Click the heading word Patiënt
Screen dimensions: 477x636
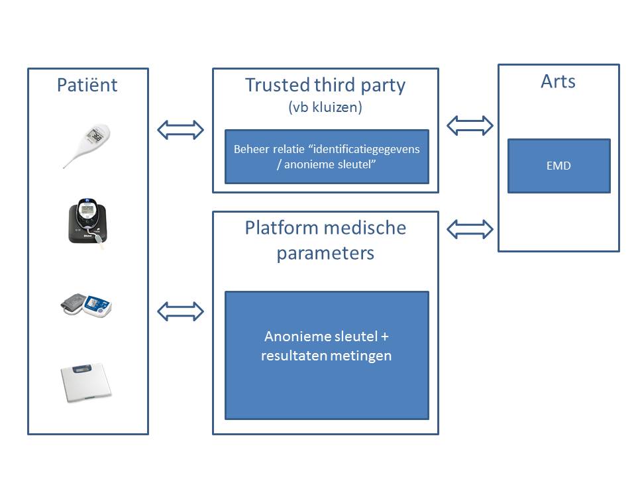click(x=87, y=85)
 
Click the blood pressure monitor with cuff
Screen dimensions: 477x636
click(x=86, y=307)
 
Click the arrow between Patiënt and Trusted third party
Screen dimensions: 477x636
click(x=180, y=130)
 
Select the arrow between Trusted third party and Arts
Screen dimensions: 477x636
click(x=470, y=125)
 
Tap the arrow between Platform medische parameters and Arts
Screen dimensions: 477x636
click(x=470, y=229)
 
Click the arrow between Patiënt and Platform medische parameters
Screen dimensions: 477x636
click(x=180, y=311)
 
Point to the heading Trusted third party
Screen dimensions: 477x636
click(x=325, y=85)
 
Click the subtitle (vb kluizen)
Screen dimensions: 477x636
click(x=325, y=107)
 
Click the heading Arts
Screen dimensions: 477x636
click(x=558, y=81)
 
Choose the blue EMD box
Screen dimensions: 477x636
click(x=558, y=166)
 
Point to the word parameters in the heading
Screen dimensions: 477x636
click(x=325, y=253)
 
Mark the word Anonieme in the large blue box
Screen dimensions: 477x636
click(x=293, y=335)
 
